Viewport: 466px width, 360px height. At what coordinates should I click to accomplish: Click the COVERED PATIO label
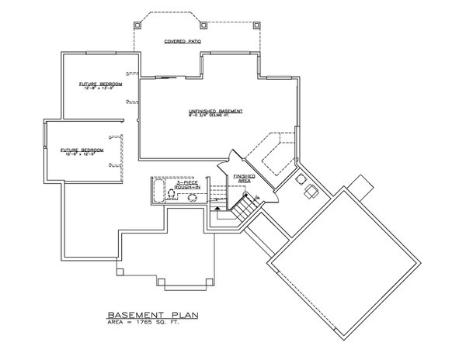point(178,40)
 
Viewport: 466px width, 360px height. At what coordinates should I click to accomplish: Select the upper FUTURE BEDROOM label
point(96,83)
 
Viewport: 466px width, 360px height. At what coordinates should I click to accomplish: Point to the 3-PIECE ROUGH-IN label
point(190,184)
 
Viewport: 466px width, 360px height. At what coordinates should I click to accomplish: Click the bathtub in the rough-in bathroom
point(156,190)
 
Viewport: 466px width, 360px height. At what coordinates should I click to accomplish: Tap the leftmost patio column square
point(137,22)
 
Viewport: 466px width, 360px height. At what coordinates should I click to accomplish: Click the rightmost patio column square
point(256,22)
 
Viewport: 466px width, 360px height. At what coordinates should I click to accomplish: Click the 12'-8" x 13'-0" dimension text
point(96,88)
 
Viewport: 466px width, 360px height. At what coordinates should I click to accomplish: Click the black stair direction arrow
point(221,206)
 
